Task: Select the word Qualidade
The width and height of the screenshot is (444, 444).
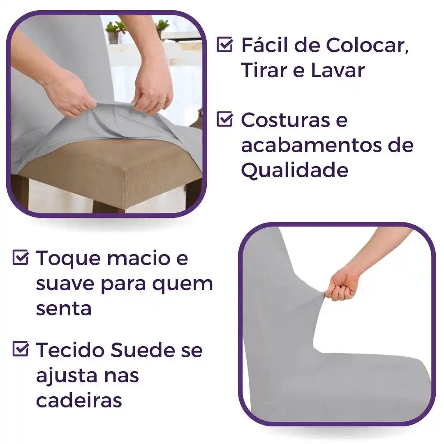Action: [x=294, y=170]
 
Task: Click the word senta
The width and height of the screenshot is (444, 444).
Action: [x=64, y=309]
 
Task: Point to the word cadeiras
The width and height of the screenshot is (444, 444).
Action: [x=79, y=400]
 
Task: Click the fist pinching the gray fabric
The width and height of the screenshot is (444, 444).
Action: [x=340, y=286]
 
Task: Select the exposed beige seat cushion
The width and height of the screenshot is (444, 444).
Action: [x=103, y=169]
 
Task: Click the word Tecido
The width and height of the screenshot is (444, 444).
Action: [x=70, y=350]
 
